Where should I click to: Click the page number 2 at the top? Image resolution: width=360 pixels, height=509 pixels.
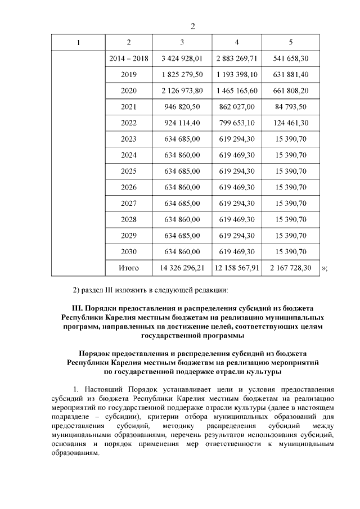click(x=192, y=26)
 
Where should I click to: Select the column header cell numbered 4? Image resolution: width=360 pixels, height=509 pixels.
click(x=237, y=43)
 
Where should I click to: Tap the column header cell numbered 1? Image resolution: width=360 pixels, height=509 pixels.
click(x=78, y=43)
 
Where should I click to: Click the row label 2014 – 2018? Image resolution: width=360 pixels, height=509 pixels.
click(x=129, y=58)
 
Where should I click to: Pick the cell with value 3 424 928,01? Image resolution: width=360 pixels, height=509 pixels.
click(x=182, y=58)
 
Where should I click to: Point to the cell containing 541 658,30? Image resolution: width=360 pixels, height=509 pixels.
click(x=290, y=58)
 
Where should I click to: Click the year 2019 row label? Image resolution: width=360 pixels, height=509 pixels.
click(x=129, y=74)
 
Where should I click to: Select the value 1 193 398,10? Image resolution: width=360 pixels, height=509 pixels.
click(x=237, y=74)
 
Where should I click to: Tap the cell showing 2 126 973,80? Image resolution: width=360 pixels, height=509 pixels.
click(x=182, y=91)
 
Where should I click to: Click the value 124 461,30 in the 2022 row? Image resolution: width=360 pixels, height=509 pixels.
click(x=290, y=123)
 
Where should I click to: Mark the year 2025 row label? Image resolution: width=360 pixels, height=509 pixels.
click(x=129, y=171)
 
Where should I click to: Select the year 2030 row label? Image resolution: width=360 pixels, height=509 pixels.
click(x=129, y=252)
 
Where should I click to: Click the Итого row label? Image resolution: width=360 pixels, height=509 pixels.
click(x=129, y=268)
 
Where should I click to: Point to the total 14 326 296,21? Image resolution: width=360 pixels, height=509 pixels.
click(x=182, y=268)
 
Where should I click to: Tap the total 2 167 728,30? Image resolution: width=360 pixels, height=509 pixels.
click(x=290, y=268)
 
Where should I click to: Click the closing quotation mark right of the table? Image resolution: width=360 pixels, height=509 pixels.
click(x=323, y=268)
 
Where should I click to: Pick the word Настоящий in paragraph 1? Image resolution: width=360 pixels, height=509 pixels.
click(x=103, y=389)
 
